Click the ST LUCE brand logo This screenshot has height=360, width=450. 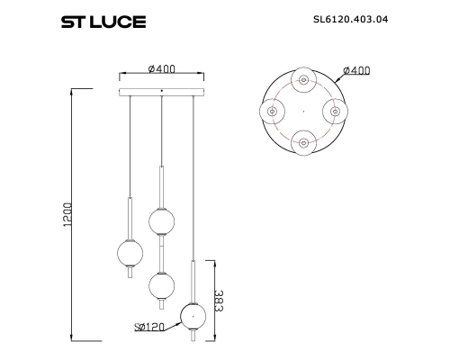102,21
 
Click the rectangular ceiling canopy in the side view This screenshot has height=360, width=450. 162,91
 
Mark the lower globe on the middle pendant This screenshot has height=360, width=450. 161,285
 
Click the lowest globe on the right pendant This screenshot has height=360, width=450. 193,316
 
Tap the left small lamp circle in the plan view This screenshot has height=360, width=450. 272,111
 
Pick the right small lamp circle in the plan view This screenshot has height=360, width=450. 335,111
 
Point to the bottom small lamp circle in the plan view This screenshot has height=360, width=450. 302,140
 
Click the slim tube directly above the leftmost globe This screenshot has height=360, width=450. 130,218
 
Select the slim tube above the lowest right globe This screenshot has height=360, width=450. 193,281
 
